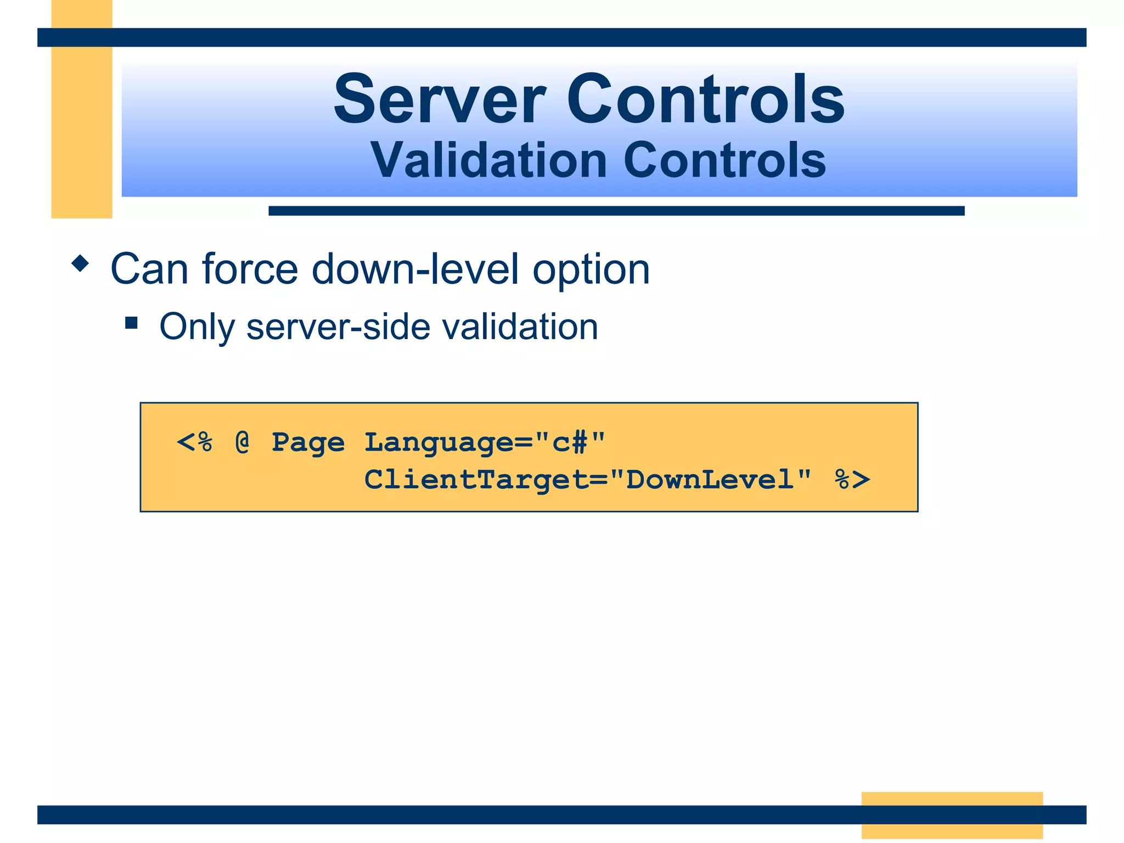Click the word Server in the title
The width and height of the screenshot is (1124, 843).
439,100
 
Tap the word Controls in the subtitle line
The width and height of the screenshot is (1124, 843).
724,160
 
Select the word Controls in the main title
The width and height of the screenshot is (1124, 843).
705,100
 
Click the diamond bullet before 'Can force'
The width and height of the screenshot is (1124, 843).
80,263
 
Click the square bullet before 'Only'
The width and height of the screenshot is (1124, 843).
131,322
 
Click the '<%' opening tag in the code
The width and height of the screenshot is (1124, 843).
194,442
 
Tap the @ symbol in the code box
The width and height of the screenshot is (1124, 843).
242,442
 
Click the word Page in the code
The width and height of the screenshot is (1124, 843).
308,443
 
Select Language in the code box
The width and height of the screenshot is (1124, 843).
440,443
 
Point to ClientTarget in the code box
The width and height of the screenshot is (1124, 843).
476,480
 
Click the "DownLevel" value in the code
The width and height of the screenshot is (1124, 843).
710,479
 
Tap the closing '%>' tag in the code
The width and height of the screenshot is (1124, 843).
852,479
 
